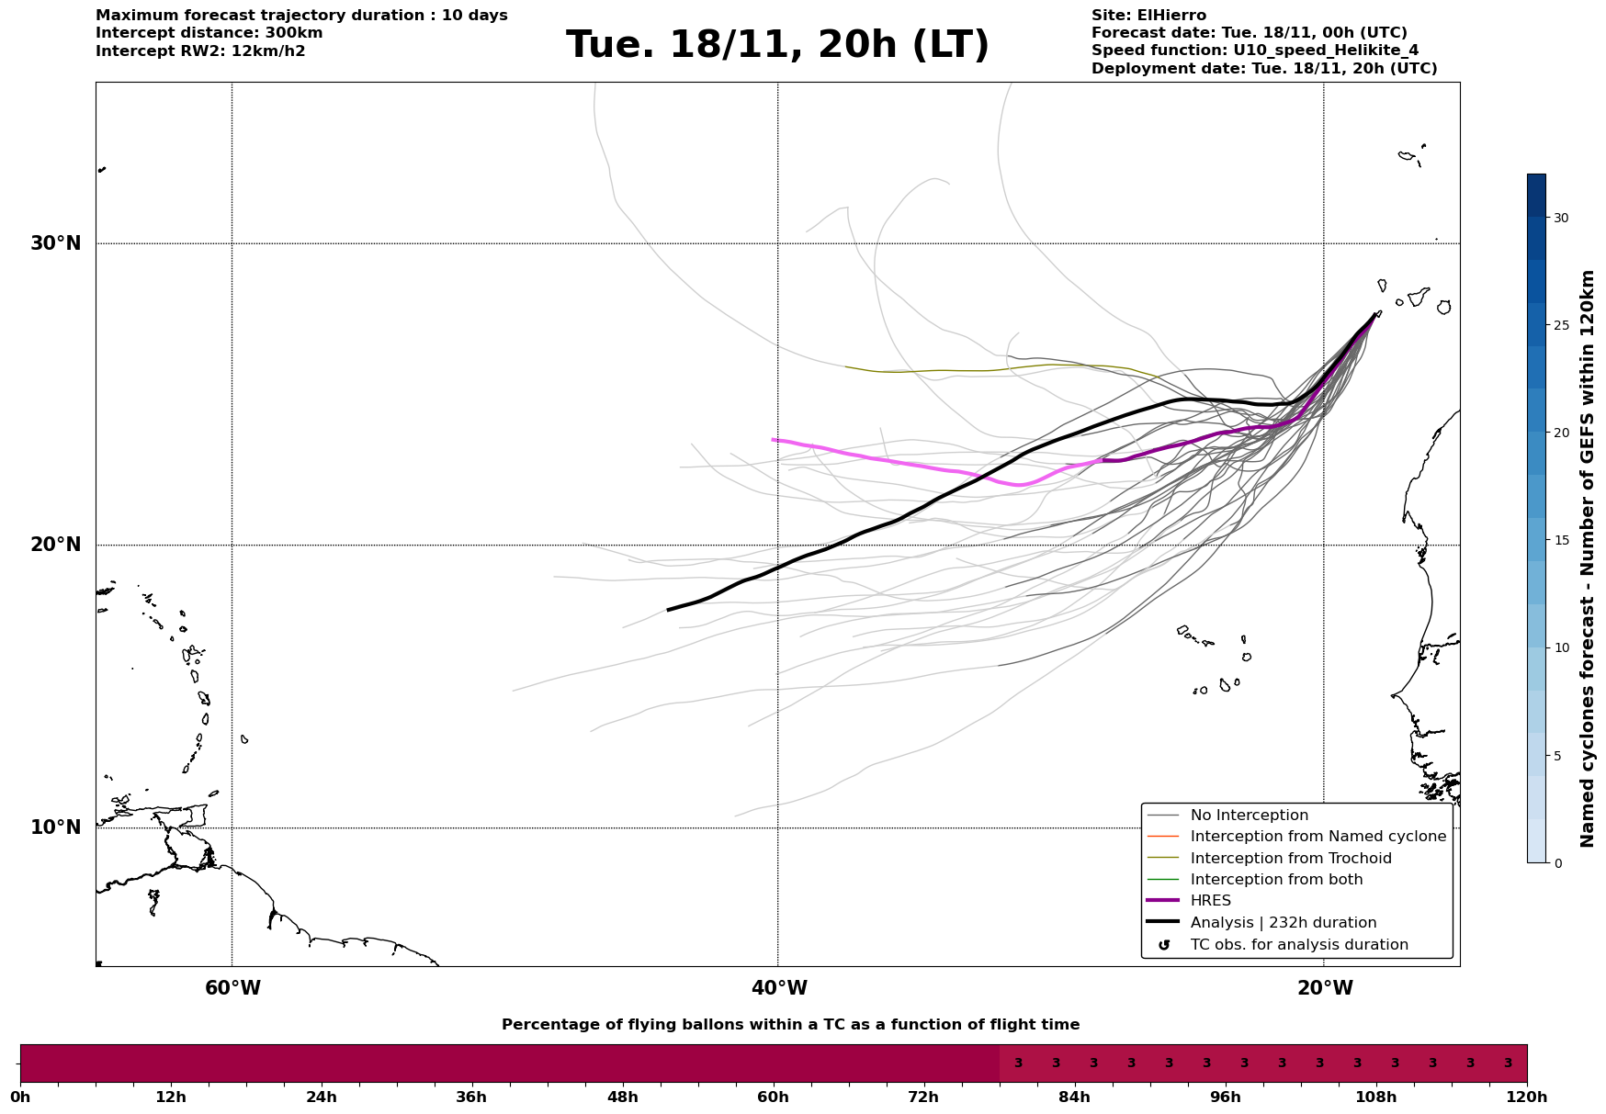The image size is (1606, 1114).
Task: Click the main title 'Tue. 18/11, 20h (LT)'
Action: click(777, 45)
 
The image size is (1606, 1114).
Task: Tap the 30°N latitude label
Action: click(56, 243)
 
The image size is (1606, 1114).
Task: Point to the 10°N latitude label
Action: click(56, 827)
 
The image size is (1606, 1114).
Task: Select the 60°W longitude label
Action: click(232, 988)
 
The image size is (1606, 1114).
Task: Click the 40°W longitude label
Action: click(779, 988)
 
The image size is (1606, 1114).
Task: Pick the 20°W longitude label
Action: click(1325, 988)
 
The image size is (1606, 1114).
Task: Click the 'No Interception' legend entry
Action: click(1249, 816)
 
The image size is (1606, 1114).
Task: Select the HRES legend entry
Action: click(1210, 901)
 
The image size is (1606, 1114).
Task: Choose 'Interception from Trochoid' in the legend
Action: click(1290, 859)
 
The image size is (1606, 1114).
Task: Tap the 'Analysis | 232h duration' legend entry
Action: click(1283, 923)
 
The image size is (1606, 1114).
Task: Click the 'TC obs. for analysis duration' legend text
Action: click(1298, 945)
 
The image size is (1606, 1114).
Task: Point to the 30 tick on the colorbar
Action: click(1561, 218)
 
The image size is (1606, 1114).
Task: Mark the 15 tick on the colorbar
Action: click(1561, 540)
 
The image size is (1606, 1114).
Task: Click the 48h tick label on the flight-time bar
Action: click(622, 1097)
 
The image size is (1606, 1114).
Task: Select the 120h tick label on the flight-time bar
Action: click(1527, 1097)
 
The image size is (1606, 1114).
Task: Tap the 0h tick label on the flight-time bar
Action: click(20, 1097)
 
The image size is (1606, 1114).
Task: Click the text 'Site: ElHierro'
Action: click(1148, 16)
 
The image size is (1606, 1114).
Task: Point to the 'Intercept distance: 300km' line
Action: click(209, 33)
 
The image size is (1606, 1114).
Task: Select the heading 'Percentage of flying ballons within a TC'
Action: click(790, 1025)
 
